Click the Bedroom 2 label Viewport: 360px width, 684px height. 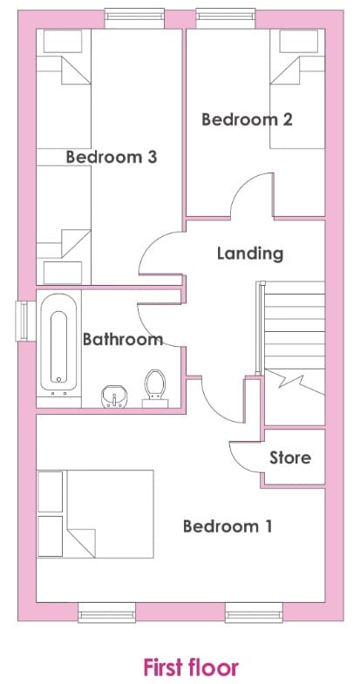pos(247,119)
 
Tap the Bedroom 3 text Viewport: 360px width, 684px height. pos(112,157)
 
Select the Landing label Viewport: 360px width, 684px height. pos(250,254)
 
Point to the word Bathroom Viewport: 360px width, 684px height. pos(123,339)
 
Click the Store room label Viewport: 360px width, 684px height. pos(290,457)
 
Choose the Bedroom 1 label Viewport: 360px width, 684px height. pos(228,526)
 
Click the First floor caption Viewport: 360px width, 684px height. pos(191,667)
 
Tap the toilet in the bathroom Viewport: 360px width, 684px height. pos(155,389)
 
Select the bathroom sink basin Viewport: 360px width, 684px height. pos(114,396)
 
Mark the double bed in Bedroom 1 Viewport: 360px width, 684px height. pos(96,514)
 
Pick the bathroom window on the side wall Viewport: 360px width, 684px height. pos(22,321)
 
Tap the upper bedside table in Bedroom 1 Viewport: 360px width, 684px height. pos(51,491)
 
